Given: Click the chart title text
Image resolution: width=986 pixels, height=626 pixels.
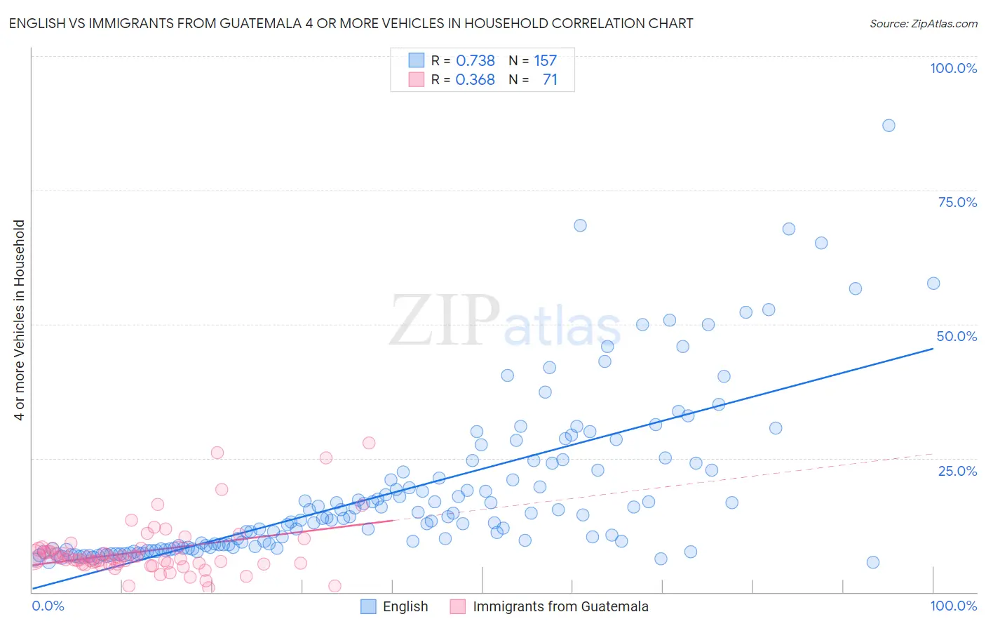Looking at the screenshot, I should pyautogui.click(x=351, y=23).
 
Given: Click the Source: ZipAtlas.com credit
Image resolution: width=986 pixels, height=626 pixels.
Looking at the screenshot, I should pyautogui.click(x=923, y=23).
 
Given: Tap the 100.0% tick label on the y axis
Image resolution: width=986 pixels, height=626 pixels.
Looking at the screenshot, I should pyautogui.click(x=953, y=68).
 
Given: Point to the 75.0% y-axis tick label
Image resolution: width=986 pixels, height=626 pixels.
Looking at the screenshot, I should pyautogui.click(x=957, y=202).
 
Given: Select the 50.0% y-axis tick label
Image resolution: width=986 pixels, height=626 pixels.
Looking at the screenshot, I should pyautogui.click(x=957, y=336).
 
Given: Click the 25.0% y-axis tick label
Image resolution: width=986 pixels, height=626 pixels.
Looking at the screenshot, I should pyautogui.click(x=957, y=470).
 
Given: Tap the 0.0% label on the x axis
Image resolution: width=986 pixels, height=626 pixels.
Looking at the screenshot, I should pyautogui.click(x=48, y=606).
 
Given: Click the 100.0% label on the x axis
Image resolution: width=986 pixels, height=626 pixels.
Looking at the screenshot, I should pyautogui.click(x=953, y=606).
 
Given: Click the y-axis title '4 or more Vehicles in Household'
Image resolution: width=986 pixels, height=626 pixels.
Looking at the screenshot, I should pyautogui.click(x=20, y=320).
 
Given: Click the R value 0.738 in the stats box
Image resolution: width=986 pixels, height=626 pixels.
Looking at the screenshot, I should pyautogui.click(x=475, y=61).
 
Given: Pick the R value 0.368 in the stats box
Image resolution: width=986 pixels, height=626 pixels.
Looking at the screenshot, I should pyautogui.click(x=475, y=80).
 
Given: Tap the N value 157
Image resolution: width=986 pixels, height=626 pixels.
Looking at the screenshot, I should pyautogui.click(x=545, y=61).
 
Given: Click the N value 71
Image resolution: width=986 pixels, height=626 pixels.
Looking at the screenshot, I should pyautogui.click(x=550, y=80).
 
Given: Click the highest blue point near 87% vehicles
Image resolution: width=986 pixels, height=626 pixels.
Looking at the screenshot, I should pyautogui.click(x=889, y=126).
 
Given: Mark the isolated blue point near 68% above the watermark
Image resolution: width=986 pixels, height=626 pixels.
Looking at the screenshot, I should pyautogui.click(x=580, y=225).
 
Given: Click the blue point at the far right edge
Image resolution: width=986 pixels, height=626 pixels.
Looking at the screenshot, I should pyautogui.click(x=933, y=284).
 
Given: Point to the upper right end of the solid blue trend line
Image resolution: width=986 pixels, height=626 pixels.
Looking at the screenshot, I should pyautogui.click(x=933, y=348).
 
